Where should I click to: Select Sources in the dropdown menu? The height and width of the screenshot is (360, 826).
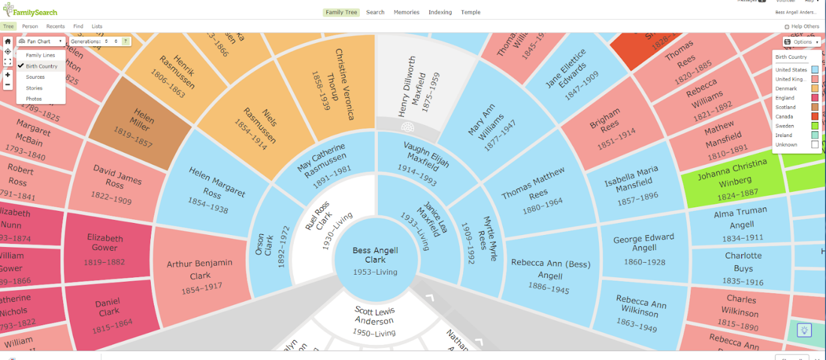pos(35,77)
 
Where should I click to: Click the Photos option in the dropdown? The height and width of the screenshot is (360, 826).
pos(34,99)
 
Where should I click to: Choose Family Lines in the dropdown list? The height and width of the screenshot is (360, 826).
pos(40,55)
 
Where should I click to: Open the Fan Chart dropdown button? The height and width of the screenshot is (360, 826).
pos(41,41)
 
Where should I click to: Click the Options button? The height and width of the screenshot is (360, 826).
pos(801,42)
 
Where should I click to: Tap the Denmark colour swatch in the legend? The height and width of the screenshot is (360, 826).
pos(814,89)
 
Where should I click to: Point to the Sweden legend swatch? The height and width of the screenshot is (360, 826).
pos(814,126)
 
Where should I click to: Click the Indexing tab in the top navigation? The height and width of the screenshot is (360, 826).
pos(440,13)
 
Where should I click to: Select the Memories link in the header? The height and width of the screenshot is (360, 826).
pos(406,13)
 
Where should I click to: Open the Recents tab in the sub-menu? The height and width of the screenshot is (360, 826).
pos(55,26)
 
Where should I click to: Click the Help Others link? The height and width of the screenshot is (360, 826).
pos(801,26)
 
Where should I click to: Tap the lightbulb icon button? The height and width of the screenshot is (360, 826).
pos(804,330)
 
